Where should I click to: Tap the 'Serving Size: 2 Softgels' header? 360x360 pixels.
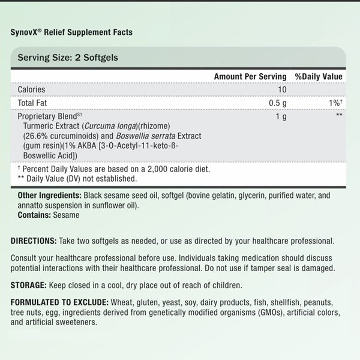(x=67, y=58)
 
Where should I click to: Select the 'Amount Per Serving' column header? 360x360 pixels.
(x=250, y=77)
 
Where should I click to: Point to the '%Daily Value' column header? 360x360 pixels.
(x=318, y=77)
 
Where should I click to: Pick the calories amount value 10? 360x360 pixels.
(x=281, y=89)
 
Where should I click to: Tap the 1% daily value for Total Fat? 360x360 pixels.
(x=334, y=103)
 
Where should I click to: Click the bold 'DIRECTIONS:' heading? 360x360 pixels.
(x=34, y=241)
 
